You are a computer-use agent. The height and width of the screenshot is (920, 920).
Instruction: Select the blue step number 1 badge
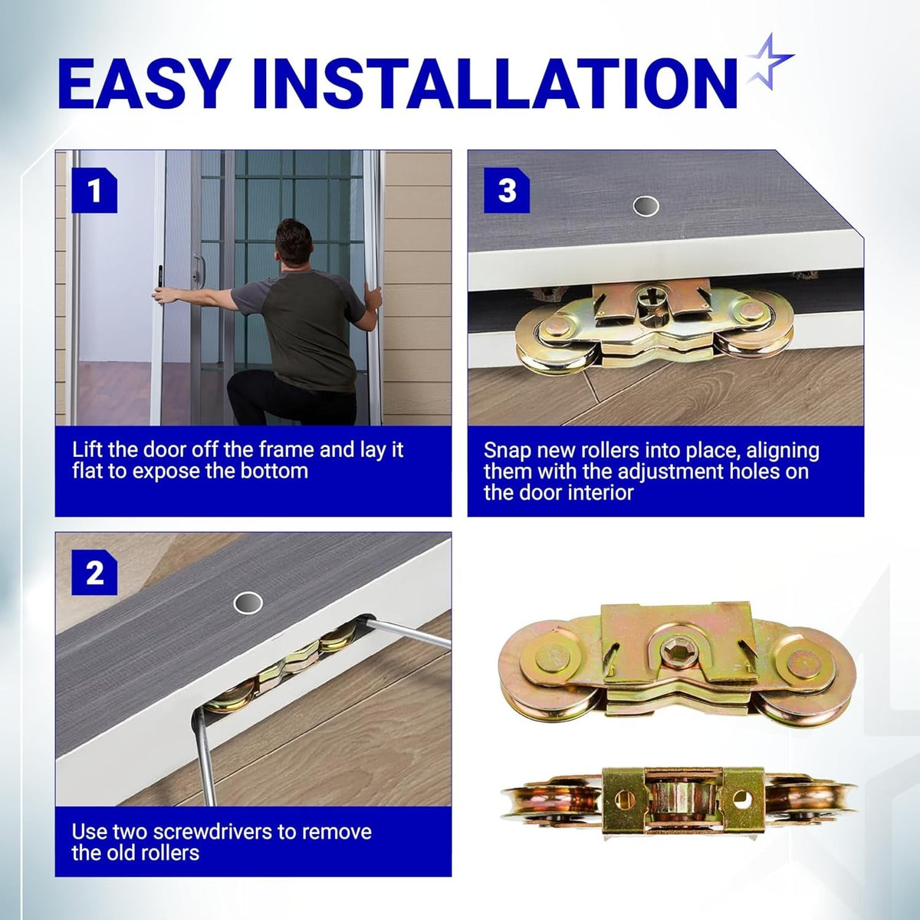coord(94,190)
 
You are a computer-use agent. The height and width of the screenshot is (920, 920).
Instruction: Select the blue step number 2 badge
coord(94,573)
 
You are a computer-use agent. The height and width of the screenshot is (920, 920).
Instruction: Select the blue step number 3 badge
coord(507,190)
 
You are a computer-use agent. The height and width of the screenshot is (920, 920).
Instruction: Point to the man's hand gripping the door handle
coord(161,295)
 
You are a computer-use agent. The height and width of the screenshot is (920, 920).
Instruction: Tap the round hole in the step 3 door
coord(646,206)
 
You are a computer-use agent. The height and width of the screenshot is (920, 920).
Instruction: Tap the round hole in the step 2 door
coord(248,603)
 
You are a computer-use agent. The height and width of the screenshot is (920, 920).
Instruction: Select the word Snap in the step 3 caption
coord(508,451)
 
